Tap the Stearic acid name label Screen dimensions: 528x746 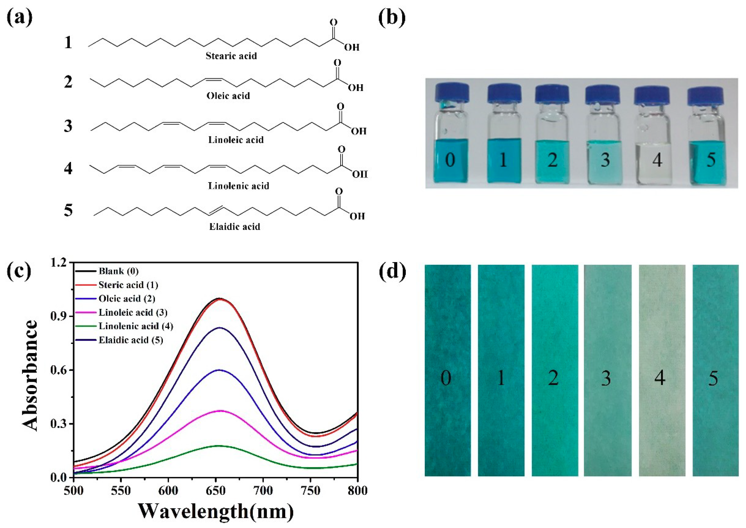(231, 56)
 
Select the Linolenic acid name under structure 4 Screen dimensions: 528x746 (238, 186)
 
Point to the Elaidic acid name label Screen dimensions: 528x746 (235, 227)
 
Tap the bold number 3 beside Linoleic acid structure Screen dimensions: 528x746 (68, 126)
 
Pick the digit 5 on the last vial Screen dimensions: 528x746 (711, 160)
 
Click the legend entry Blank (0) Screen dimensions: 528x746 (119, 271)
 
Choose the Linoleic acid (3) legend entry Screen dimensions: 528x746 (133, 312)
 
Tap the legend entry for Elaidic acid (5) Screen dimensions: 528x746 (131, 340)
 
